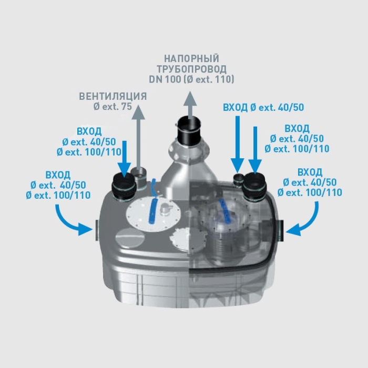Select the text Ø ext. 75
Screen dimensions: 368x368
pyautogui.click(x=112, y=106)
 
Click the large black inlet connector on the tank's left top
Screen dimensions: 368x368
pyautogui.click(x=122, y=187)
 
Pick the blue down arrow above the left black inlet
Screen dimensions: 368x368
pyautogui.click(x=125, y=158)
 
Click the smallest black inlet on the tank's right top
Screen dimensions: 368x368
pyautogui.click(x=239, y=177)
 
